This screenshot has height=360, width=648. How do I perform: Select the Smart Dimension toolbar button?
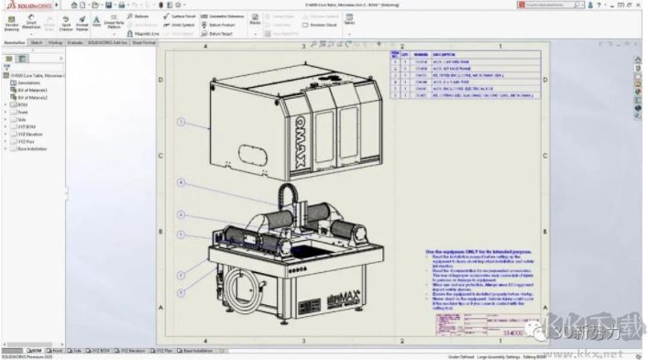31,25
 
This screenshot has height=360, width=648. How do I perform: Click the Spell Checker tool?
66,25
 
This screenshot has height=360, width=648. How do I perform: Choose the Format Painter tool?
82,25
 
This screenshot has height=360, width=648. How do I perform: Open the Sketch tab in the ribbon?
37,42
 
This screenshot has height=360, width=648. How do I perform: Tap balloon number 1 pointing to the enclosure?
181,122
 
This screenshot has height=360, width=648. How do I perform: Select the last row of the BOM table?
458,95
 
